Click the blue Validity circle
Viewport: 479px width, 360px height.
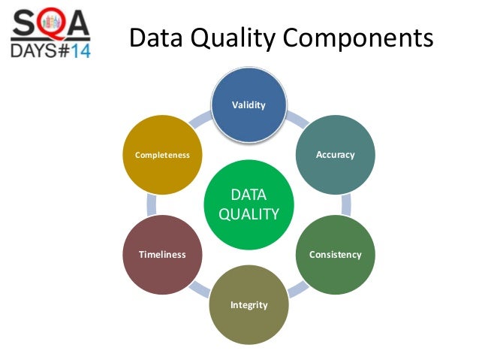pos(249,105)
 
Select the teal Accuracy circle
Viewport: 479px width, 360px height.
pos(335,155)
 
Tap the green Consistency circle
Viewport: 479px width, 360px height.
pos(335,254)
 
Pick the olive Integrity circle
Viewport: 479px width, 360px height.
pos(249,304)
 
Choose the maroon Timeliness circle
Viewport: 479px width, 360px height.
pos(162,254)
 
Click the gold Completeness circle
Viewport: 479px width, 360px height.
pos(162,155)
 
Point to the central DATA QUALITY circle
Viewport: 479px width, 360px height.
pos(249,204)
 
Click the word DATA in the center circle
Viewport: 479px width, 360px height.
pos(249,195)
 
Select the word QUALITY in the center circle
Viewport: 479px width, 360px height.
pos(249,214)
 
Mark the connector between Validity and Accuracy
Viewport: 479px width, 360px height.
pos(299,120)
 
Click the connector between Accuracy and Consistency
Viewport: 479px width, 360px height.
pos(346,204)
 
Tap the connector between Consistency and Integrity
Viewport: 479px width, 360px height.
pos(298,289)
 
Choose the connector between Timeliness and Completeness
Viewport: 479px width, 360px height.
pos(151,204)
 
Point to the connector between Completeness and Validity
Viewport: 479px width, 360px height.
pos(199,120)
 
